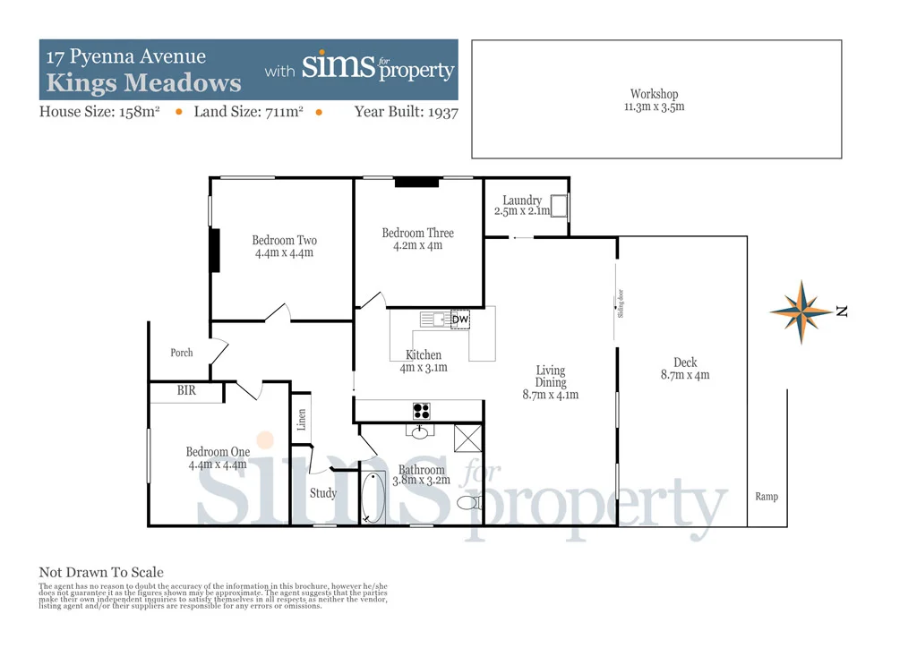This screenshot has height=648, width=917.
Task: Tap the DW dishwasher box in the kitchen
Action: [459, 320]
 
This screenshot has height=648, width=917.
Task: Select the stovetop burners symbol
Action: [422, 411]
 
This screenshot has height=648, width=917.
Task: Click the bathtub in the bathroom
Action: [373, 499]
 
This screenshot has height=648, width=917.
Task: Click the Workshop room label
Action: [654, 94]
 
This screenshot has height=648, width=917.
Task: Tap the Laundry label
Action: [521, 200]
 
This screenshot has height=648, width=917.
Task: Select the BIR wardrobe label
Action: [186, 391]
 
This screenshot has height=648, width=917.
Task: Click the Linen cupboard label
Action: [302, 419]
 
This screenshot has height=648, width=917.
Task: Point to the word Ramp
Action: [767, 497]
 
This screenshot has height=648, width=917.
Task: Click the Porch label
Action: [182, 353]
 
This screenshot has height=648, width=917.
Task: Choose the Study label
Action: [323, 493]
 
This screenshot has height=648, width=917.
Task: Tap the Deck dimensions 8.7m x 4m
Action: [685, 375]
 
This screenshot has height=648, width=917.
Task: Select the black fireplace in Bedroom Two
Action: [214, 251]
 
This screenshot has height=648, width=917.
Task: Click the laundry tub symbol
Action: [559, 207]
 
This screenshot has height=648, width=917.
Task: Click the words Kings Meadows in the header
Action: [144, 83]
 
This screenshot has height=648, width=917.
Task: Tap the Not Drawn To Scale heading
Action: [101, 573]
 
